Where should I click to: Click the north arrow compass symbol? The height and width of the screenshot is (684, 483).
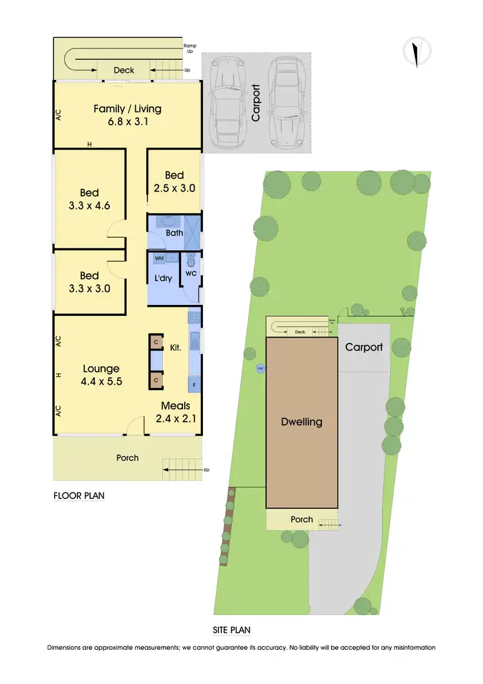417,52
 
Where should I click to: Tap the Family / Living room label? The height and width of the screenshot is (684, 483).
128,108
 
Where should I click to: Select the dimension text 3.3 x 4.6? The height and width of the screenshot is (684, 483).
90,206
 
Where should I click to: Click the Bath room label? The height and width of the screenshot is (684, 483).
175,233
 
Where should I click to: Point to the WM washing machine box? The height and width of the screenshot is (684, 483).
159,258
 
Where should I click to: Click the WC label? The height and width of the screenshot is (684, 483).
190,274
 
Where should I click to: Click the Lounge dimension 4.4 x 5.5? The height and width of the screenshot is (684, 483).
101,381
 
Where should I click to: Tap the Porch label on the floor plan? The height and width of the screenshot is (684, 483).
128,458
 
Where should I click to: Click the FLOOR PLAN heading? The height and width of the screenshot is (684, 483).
79,496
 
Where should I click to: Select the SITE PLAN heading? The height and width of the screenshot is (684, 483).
231,630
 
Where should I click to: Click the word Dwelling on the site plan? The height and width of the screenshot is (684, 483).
301,422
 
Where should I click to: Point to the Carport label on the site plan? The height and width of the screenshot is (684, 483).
364,347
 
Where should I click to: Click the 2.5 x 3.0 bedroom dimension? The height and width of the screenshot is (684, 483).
175,188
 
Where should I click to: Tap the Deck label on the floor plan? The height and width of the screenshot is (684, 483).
124,70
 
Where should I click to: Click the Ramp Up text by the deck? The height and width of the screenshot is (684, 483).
189,48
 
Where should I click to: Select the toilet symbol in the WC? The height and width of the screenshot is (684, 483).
191,260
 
